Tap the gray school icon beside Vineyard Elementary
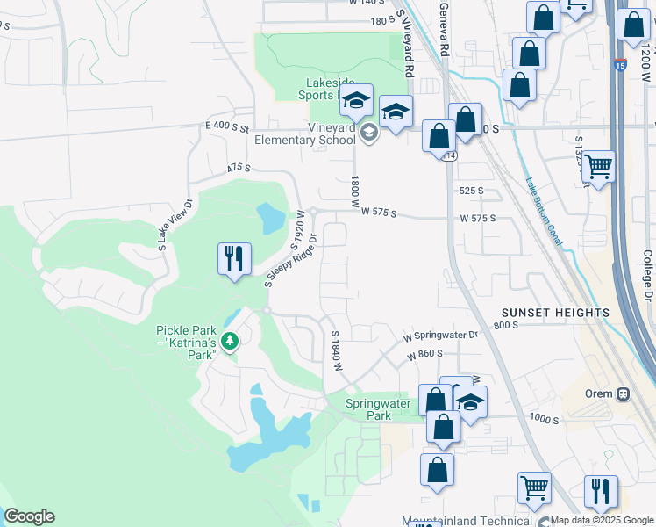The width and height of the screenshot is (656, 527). pyautogui.click(x=369, y=134)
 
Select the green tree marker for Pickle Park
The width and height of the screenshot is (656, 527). pyautogui.click(x=230, y=340)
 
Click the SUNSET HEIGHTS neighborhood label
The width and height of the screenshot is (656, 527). pyautogui.click(x=555, y=313)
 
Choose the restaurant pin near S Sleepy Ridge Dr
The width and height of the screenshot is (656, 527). pyautogui.click(x=234, y=259)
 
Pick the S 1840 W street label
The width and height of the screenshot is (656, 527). pyautogui.click(x=335, y=350)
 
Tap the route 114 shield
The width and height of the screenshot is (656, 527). pyautogui.click(x=450, y=155)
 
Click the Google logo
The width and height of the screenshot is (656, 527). pyautogui.click(x=29, y=516)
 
